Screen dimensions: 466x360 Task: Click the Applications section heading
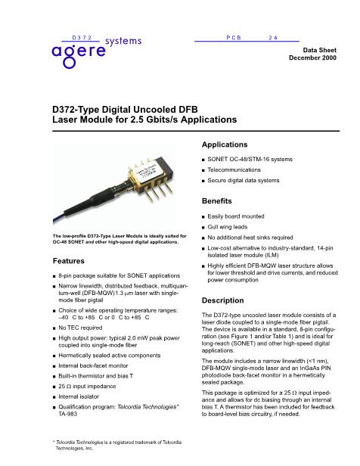tap(230, 143)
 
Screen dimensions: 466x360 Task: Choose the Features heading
tap(68, 260)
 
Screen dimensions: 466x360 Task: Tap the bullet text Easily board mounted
tap(238, 216)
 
